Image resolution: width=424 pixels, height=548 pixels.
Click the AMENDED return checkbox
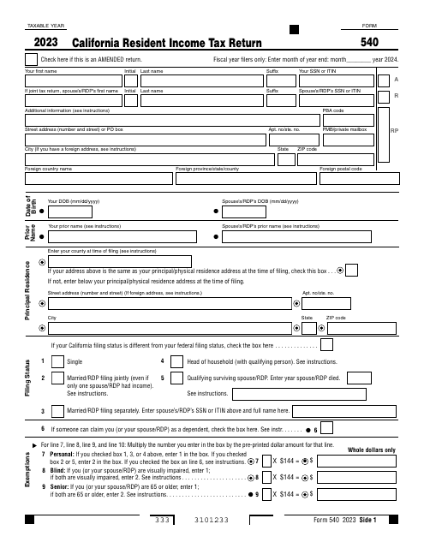(x=33, y=59)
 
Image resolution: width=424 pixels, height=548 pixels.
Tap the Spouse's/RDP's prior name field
(x=309, y=235)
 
